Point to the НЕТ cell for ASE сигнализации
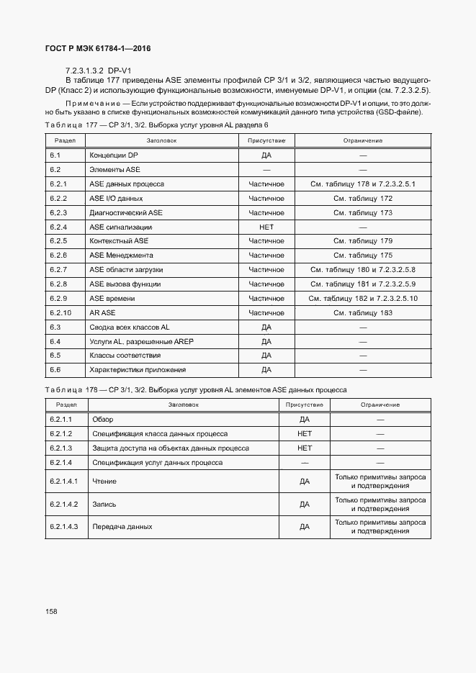tap(266, 227)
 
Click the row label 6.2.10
tap(60, 312)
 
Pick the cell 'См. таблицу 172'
tap(363, 198)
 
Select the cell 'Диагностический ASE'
tap(126, 212)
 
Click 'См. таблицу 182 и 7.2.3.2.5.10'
tap(363, 298)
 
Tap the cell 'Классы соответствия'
tap(125, 356)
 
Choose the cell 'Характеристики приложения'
tap(138, 370)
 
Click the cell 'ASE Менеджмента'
tap(121, 256)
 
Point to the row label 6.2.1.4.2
tap(64, 504)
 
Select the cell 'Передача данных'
tap(122, 527)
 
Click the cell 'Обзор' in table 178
tap(103, 419)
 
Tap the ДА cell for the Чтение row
tap(305, 481)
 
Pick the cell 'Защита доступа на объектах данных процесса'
tap(171, 448)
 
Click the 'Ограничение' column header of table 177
tap(363, 140)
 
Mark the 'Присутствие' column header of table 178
tap(305, 405)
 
